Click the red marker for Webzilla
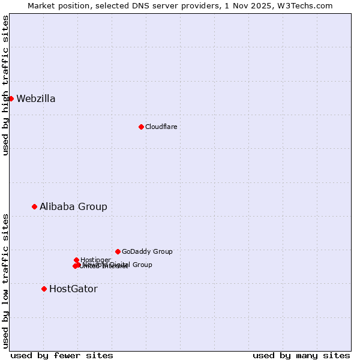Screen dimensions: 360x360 click(11, 98)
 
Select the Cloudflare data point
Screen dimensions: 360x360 click(141, 127)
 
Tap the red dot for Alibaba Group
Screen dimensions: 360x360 click(34, 206)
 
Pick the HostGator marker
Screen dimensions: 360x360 click(44, 289)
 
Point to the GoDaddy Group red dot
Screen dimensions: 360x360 click(118, 251)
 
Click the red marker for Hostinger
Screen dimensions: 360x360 click(76, 260)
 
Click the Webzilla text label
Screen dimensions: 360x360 click(36, 99)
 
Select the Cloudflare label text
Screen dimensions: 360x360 click(161, 127)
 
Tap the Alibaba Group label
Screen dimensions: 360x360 click(73, 206)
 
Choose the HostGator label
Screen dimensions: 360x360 click(73, 289)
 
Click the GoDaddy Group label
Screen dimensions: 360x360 click(147, 251)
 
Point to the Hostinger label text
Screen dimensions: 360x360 click(95, 260)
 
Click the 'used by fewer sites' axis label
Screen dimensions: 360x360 click(62, 355)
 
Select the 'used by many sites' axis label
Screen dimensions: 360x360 click(301, 355)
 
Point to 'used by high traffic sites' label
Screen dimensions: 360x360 click(6, 85)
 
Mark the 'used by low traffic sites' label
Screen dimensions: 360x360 click(6, 280)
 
